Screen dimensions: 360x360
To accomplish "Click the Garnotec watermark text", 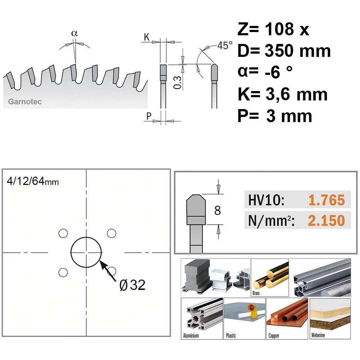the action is pyautogui.click(x=25, y=102).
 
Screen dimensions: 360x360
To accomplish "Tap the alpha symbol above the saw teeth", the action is pyautogui.click(x=75, y=33).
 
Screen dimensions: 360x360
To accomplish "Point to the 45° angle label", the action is pyautogui.click(x=225, y=45).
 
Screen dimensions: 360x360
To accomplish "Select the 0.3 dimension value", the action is pyautogui.click(x=177, y=82).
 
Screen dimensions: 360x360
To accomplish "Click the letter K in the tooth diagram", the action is pyautogui.click(x=147, y=37).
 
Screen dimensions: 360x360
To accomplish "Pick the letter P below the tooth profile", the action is pyautogui.click(x=149, y=116).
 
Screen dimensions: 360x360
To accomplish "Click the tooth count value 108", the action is pyautogui.click(x=279, y=29).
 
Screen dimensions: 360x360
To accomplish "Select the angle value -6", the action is pyautogui.click(x=273, y=72).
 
